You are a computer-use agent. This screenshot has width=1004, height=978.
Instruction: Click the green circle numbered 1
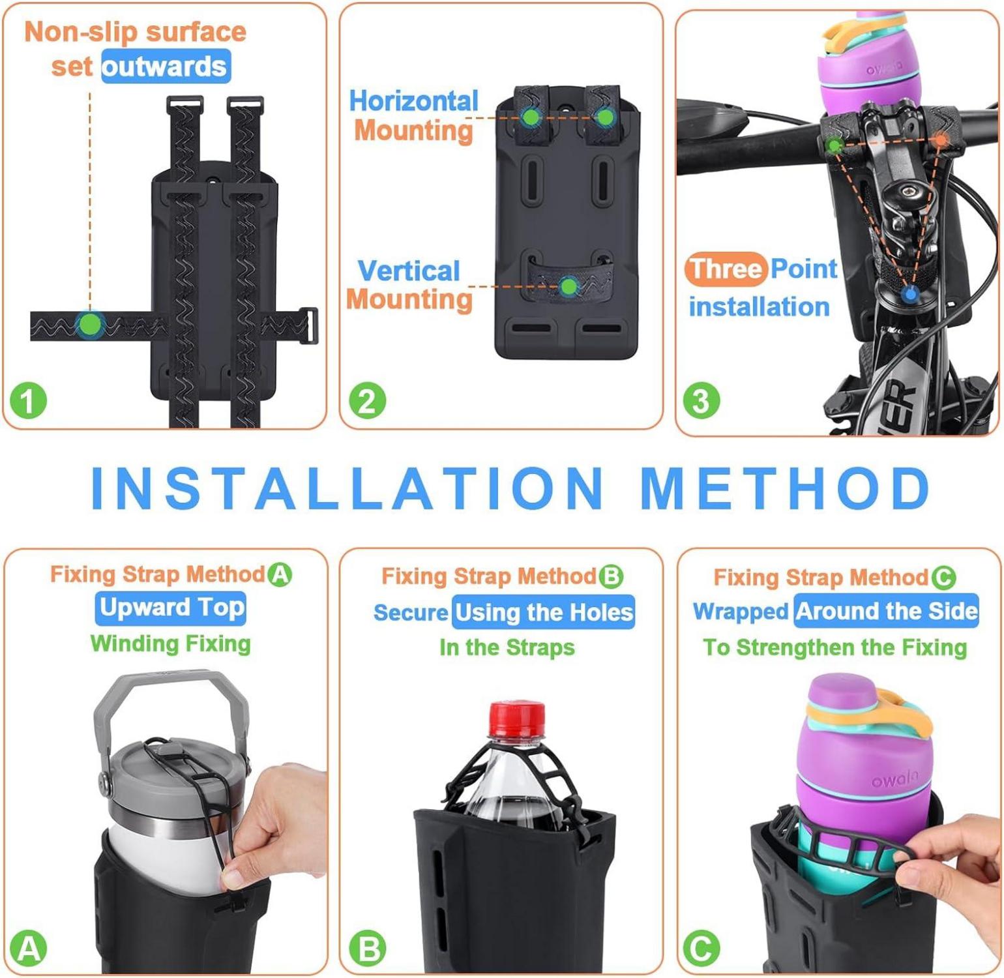click(28, 400)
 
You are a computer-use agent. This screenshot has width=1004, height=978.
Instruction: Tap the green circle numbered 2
click(367, 400)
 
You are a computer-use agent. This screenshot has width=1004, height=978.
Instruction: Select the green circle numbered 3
click(701, 400)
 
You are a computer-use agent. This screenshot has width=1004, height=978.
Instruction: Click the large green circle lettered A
click(28, 948)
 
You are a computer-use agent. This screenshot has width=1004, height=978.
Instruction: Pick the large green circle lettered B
click(367, 949)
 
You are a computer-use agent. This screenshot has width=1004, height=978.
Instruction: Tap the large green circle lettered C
click(701, 949)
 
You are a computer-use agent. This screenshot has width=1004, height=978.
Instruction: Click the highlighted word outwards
click(166, 67)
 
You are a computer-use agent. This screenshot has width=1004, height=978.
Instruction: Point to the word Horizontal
click(414, 101)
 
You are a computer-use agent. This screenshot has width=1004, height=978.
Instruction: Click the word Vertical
click(409, 271)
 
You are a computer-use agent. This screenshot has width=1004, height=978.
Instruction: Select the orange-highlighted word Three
click(726, 269)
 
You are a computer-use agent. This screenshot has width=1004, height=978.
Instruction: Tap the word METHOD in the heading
click(786, 488)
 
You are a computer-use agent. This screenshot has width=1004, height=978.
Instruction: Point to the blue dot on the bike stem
click(911, 294)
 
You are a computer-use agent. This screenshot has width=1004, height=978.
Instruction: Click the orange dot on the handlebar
click(941, 140)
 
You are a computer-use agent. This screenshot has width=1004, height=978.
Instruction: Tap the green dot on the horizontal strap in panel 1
click(91, 324)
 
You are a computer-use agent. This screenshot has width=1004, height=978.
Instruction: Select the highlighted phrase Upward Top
click(171, 608)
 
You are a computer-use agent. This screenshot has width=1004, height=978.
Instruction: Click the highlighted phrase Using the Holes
click(544, 612)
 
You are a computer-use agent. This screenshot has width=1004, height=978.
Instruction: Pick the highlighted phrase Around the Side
click(887, 611)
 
